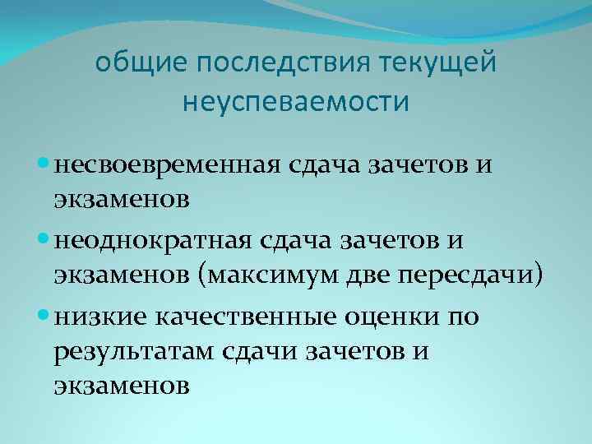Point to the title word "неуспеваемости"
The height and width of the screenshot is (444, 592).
[295, 103]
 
